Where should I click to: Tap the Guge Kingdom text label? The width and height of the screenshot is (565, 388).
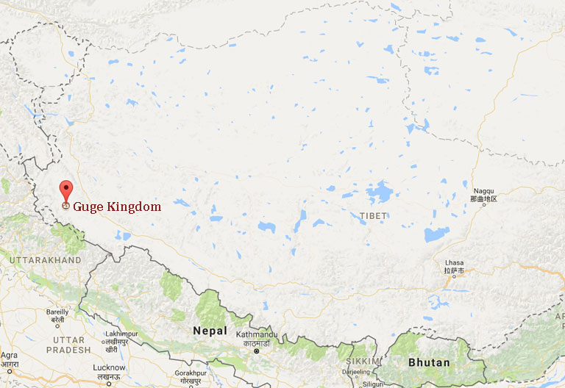click(x=117, y=207)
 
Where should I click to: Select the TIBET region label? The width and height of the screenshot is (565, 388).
click(x=373, y=216)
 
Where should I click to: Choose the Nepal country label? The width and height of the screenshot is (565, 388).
click(x=210, y=331)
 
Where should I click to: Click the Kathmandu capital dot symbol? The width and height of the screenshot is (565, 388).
click(x=257, y=351)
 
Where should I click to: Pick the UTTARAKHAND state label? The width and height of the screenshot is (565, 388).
click(x=45, y=260)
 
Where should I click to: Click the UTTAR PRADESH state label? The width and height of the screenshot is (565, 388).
click(x=69, y=345)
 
